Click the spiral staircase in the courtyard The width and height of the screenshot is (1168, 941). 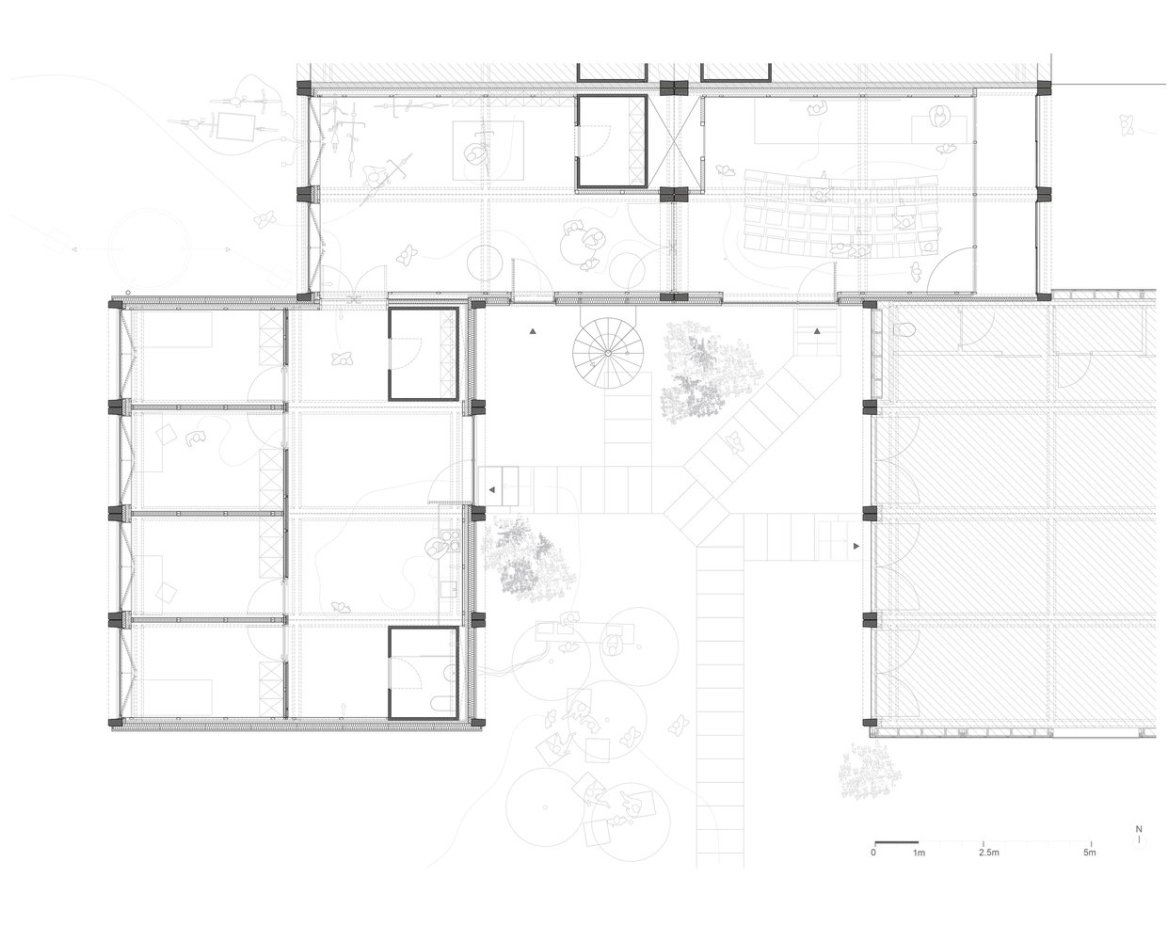coord(608,353)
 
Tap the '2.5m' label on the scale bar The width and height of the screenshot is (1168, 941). coord(989,853)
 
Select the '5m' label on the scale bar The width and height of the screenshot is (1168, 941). coord(1089,853)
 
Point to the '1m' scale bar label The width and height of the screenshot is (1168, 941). coord(919,853)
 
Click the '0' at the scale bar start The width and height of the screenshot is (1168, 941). coord(873,853)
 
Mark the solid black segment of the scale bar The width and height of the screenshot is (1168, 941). coord(897,842)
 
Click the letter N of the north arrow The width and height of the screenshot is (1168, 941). coord(1139,829)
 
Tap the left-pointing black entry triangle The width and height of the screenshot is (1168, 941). coord(491,489)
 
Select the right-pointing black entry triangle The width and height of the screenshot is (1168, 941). coord(856,546)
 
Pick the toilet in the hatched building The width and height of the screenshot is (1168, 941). coord(905,329)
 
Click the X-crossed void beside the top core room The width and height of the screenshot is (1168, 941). coord(676,142)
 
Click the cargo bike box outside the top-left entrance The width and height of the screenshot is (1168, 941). coord(235,126)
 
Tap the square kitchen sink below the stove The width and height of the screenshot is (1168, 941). coord(449,589)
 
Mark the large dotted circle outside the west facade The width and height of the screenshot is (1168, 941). coord(150,249)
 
